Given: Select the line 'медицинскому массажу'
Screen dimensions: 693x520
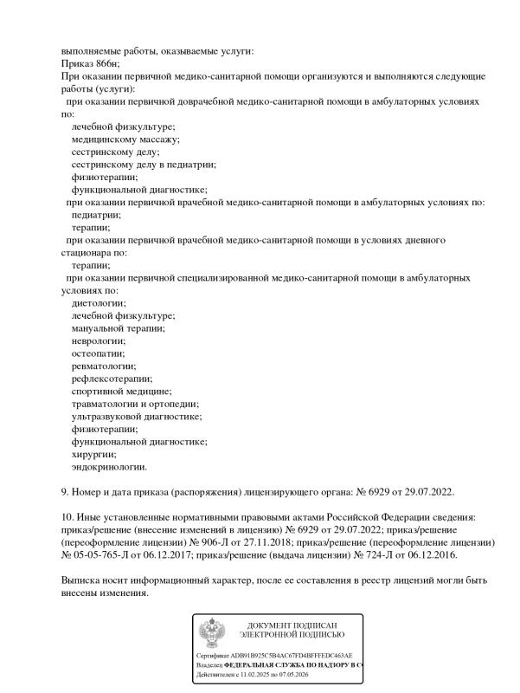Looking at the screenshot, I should point(125,139).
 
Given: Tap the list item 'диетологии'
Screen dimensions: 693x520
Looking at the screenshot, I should point(98,302).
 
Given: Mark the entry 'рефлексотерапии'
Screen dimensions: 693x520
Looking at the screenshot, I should point(111,379).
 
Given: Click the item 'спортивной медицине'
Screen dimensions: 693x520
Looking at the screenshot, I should point(121,392).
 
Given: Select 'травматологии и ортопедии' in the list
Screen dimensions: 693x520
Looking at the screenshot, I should point(134,404).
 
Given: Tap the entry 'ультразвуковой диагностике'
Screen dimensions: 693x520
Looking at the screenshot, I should point(136,417).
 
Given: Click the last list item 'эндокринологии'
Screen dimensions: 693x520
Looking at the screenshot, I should point(109,467).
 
